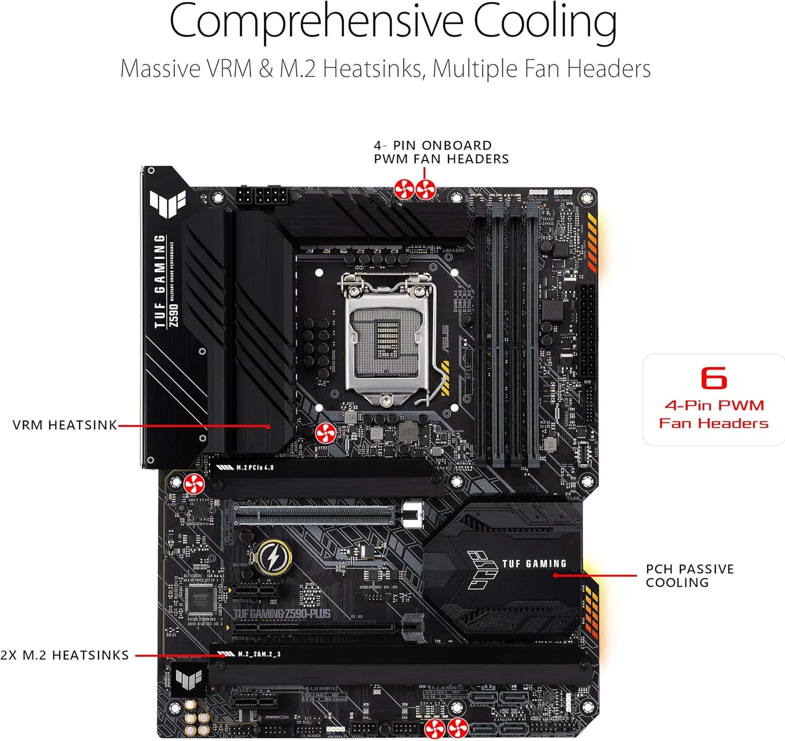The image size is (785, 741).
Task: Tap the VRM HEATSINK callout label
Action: [x=65, y=425]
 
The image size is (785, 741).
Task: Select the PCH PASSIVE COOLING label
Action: [x=689, y=576]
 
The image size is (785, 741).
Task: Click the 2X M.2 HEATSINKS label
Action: [x=64, y=655]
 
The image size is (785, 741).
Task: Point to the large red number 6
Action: [x=714, y=378]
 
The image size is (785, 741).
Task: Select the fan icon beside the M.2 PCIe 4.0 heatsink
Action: [x=194, y=484]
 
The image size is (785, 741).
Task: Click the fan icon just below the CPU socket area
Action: [x=325, y=433]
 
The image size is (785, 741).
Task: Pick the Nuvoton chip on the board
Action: [x=200, y=599]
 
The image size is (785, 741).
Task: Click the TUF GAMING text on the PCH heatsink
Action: [x=534, y=564]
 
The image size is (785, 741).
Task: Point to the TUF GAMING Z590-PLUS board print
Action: [x=282, y=614]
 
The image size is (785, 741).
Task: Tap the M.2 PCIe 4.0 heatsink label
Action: [x=254, y=467]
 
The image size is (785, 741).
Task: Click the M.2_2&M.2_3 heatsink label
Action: [x=259, y=654]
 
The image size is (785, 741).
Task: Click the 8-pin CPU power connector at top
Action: [x=271, y=198]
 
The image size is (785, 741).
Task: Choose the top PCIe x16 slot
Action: [x=314, y=515]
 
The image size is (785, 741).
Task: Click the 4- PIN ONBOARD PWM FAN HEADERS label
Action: [x=441, y=152]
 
